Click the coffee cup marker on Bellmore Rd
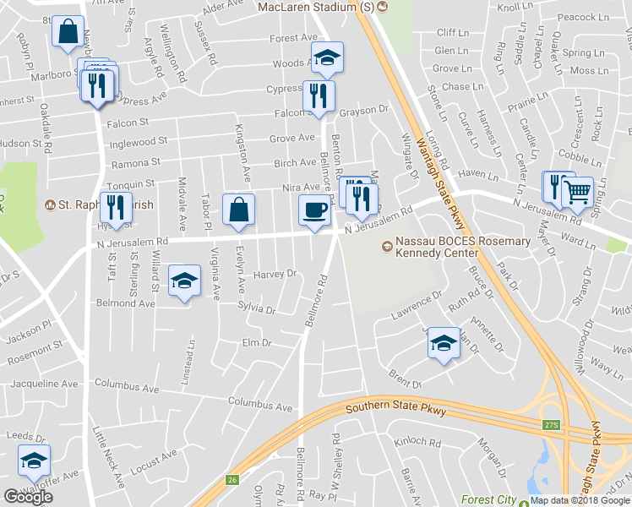314,210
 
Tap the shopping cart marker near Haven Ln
577,193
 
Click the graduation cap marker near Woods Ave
326,58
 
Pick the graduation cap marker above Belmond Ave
183,281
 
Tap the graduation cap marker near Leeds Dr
34,461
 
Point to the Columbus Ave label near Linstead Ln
127,388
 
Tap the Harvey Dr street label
275,274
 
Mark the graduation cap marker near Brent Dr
442,342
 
